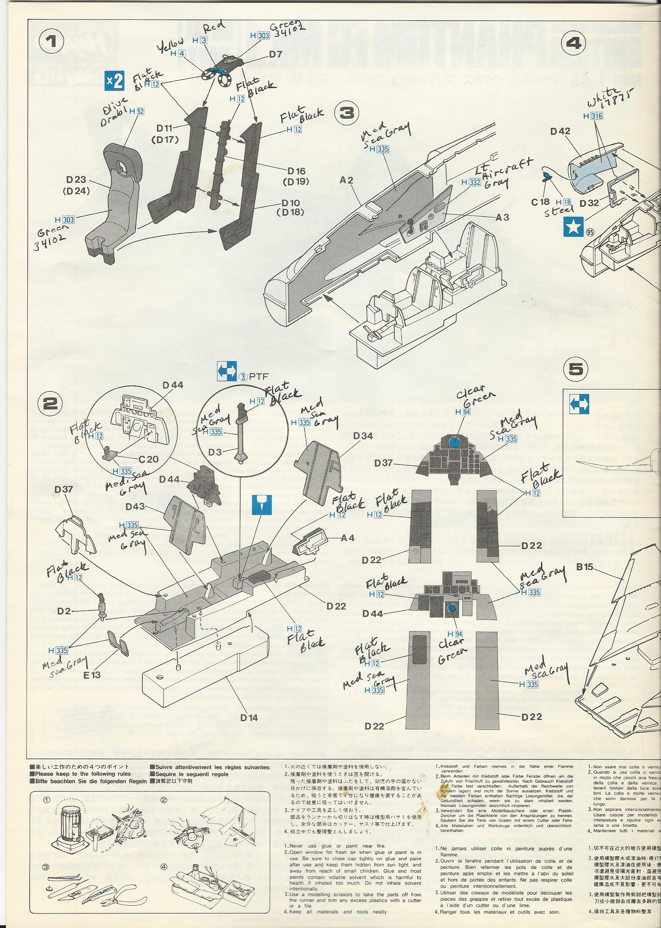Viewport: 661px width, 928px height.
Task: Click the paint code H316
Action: pyautogui.click(x=592, y=116)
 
